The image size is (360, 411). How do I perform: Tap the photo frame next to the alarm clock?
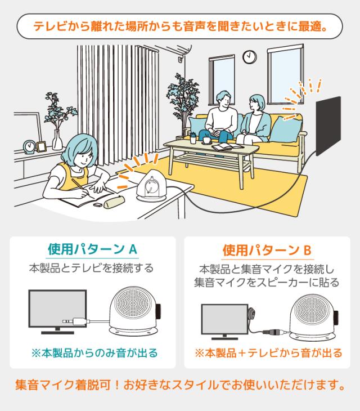41,147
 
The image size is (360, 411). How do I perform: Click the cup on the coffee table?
207,140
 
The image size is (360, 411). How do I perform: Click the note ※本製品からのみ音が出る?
94,354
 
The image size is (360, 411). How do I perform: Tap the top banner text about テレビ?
180,26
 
